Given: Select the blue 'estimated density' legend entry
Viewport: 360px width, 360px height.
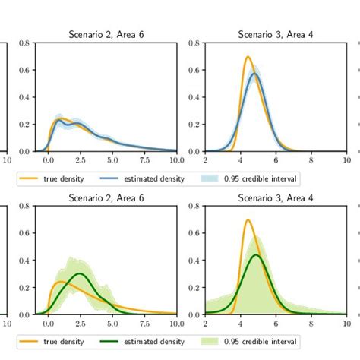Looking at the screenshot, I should tap(153, 179).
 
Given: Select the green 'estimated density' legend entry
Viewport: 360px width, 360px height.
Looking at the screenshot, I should tap(153, 342).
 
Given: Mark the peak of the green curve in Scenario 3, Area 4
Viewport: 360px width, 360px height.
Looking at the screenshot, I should tap(256, 255).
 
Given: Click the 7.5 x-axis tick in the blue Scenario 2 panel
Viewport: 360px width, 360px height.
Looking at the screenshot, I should tap(144, 160).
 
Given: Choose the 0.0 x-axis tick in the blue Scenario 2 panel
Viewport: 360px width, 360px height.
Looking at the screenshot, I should tap(48, 160).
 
